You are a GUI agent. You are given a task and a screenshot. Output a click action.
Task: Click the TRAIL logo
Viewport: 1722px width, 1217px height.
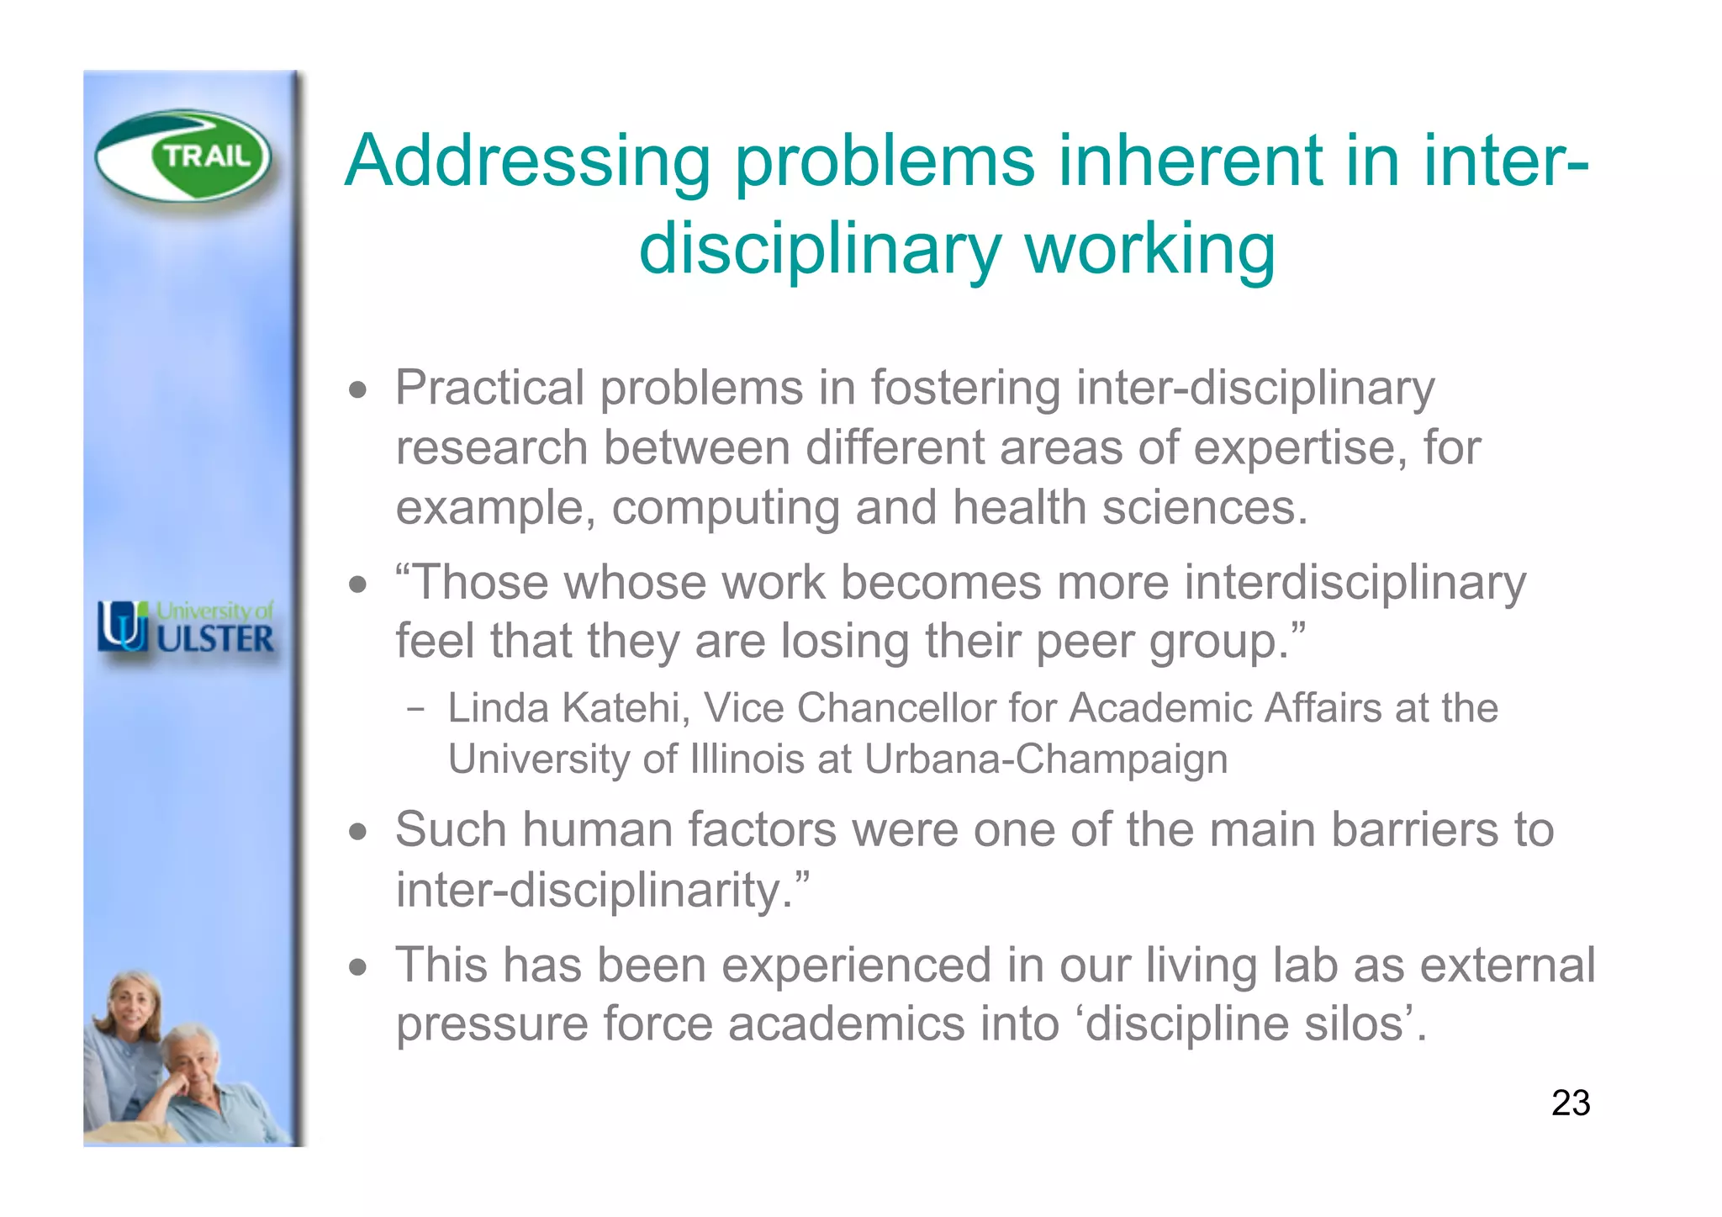[183, 156]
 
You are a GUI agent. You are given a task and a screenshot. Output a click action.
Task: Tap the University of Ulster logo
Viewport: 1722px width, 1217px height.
[186, 627]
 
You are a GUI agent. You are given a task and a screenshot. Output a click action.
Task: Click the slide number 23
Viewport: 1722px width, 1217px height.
[1570, 1103]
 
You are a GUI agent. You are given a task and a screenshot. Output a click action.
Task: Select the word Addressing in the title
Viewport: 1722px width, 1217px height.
[527, 161]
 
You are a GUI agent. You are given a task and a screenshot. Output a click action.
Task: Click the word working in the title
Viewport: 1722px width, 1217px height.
[1149, 249]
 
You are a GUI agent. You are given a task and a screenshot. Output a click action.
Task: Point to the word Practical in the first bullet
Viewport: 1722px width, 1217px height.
[489, 389]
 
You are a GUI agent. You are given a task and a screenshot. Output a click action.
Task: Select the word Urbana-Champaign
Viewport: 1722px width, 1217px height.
[1045, 759]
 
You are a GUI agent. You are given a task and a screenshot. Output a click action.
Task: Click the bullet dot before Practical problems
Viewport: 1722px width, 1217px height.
[359, 390]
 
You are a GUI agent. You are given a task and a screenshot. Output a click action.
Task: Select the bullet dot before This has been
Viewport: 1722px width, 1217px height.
[359, 967]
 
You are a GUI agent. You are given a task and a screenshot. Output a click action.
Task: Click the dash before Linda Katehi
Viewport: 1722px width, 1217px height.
[415, 709]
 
